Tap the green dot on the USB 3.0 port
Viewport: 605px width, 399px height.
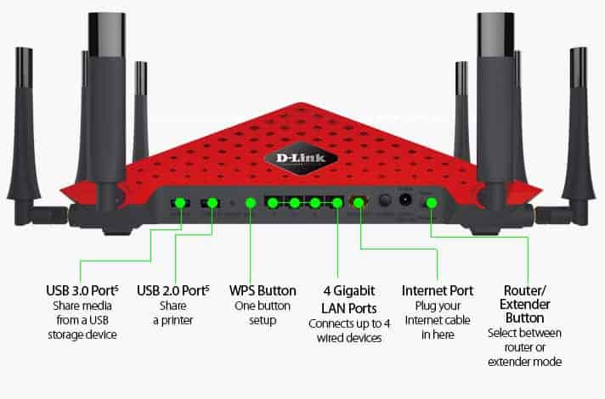point(179,203)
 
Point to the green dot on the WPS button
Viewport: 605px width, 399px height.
point(251,203)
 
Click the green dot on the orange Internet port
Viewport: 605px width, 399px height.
point(359,203)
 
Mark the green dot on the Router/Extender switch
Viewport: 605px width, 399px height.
point(432,203)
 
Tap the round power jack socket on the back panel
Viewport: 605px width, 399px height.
point(405,202)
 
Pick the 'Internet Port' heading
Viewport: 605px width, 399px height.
point(437,291)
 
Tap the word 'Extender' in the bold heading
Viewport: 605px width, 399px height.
point(524,304)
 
